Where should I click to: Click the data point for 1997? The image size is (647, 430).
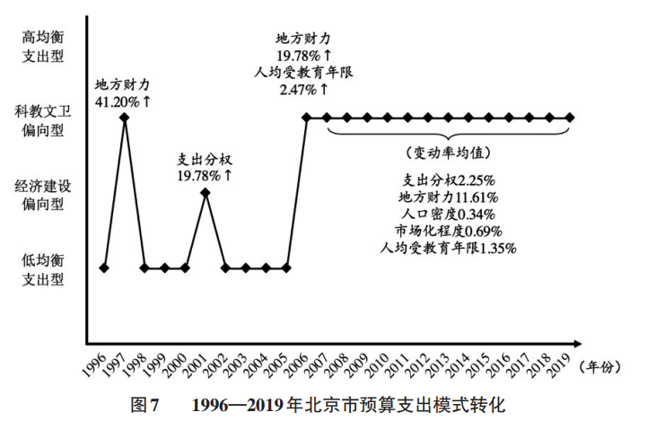tap(125, 117)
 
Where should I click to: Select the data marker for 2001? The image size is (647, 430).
tap(205, 192)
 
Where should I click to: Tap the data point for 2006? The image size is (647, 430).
tap(307, 117)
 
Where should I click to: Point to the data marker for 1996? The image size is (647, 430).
tap(104, 268)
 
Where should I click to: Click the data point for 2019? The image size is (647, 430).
tap(570, 117)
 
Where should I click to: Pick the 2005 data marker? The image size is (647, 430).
tap(286, 268)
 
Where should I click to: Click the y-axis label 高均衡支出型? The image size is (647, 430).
tap(42, 47)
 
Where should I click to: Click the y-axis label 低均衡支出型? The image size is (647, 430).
tap(42, 270)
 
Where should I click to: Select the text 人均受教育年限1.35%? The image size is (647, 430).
tap(447, 247)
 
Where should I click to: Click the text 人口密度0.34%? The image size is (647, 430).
tap(447, 214)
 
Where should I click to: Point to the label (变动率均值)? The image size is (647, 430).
tap(446, 152)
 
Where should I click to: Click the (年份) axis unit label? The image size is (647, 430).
tap(606, 364)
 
